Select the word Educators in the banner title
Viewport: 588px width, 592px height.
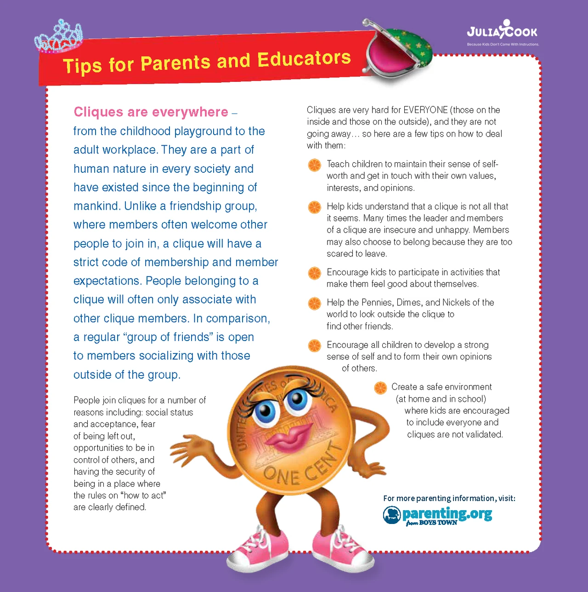click(x=304, y=59)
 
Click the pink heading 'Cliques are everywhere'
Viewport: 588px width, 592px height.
click(x=151, y=112)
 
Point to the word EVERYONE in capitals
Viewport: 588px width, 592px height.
click(x=425, y=110)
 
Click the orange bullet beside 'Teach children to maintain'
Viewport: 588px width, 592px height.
click(x=315, y=165)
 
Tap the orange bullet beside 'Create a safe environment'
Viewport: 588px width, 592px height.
click(x=380, y=388)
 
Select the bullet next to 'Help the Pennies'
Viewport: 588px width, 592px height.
click(x=315, y=303)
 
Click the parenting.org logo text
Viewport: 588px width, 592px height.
click(x=447, y=513)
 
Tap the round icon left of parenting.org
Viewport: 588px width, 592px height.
click(x=392, y=515)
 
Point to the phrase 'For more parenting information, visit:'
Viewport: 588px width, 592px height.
click(x=449, y=498)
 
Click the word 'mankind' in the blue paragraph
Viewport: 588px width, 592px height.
click(x=96, y=206)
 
